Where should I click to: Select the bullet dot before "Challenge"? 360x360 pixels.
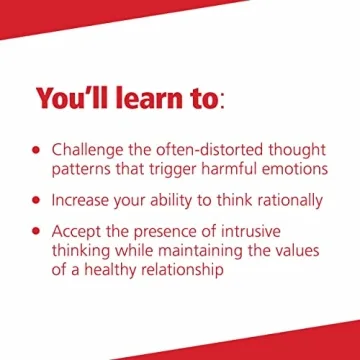pyautogui.click(x=37, y=149)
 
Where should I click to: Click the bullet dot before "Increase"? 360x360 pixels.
pyautogui.click(x=37, y=200)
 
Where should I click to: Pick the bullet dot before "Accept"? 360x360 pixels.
pyautogui.click(x=37, y=230)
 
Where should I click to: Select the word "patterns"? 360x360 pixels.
pyautogui.click(x=85, y=169)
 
